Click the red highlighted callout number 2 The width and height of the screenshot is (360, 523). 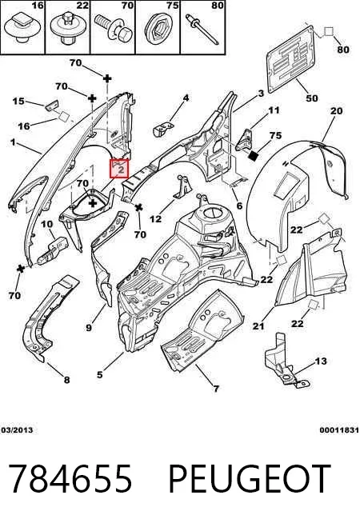[x=120, y=170]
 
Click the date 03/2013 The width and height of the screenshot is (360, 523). [x=17, y=430]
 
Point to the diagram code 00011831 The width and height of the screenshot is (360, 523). [x=339, y=430]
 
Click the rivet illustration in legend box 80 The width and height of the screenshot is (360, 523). [x=202, y=30]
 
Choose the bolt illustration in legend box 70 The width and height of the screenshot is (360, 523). [x=114, y=27]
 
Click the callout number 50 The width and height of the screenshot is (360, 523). [x=312, y=98]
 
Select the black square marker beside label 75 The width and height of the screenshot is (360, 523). [x=254, y=155]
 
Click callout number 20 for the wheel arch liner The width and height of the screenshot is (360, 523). [x=336, y=110]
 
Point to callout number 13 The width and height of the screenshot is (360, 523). [x=321, y=361]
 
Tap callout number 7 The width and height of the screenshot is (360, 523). [x=216, y=389]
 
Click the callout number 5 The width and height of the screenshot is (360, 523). [x=100, y=374]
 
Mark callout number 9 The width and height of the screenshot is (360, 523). [x=89, y=328]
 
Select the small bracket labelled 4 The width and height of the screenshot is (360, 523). [x=163, y=129]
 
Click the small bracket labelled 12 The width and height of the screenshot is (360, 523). [x=182, y=188]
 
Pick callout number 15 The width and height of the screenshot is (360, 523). [x=18, y=101]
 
